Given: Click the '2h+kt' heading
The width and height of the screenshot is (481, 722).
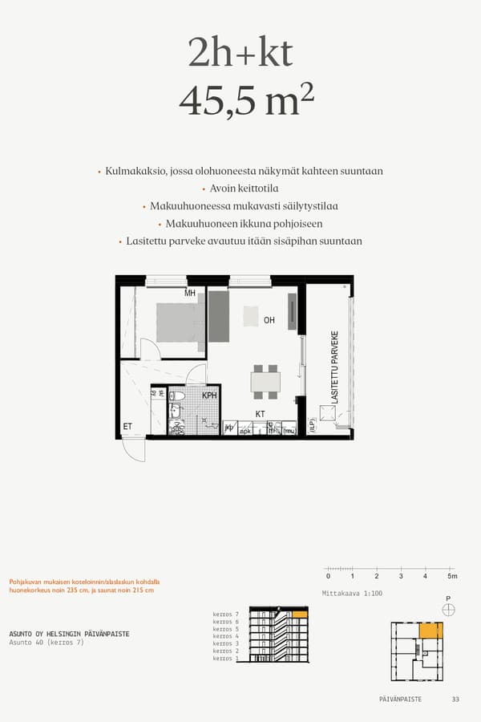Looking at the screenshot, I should click(240, 54).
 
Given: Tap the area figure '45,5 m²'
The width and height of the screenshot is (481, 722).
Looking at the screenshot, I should click(246, 101).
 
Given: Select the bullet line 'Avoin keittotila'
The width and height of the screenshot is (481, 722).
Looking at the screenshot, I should click(244, 189).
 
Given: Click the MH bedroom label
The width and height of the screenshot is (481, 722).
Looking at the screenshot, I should click(190, 294).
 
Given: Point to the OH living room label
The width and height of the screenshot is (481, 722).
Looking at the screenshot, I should click(269, 320).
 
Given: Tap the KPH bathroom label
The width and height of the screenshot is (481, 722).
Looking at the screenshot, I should click(209, 395).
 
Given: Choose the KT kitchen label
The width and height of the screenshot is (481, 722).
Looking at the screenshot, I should click(260, 414).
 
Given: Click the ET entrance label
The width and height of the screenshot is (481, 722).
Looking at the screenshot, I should click(127, 427).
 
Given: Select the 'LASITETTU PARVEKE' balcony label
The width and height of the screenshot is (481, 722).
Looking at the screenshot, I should click(334, 367).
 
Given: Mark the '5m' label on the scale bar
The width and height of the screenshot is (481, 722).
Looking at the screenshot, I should click(452, 577).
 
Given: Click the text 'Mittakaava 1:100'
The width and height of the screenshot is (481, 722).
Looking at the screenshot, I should click(351, 594).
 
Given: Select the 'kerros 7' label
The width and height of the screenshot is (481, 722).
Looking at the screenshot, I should click(226, 615).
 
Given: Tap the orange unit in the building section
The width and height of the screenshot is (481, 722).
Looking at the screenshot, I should click(300, 615).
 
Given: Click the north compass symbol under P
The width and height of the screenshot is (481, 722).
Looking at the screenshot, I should click(448, 610).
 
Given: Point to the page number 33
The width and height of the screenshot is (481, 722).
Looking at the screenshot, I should click(455, 700).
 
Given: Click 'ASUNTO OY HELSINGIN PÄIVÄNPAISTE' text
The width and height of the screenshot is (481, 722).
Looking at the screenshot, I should click(69, 634).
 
